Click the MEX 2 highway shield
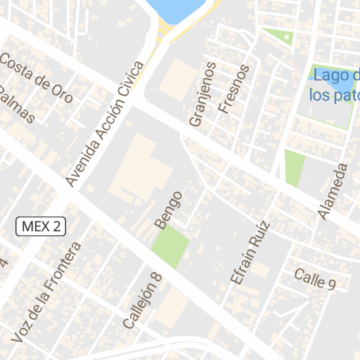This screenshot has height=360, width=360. click(41, 226)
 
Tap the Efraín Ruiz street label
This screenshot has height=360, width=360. click(250, 252)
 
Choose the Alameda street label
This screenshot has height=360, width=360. click(333, 191)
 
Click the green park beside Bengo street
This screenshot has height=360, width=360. click(171, 247)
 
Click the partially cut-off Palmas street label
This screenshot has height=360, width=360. click(15, 105)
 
